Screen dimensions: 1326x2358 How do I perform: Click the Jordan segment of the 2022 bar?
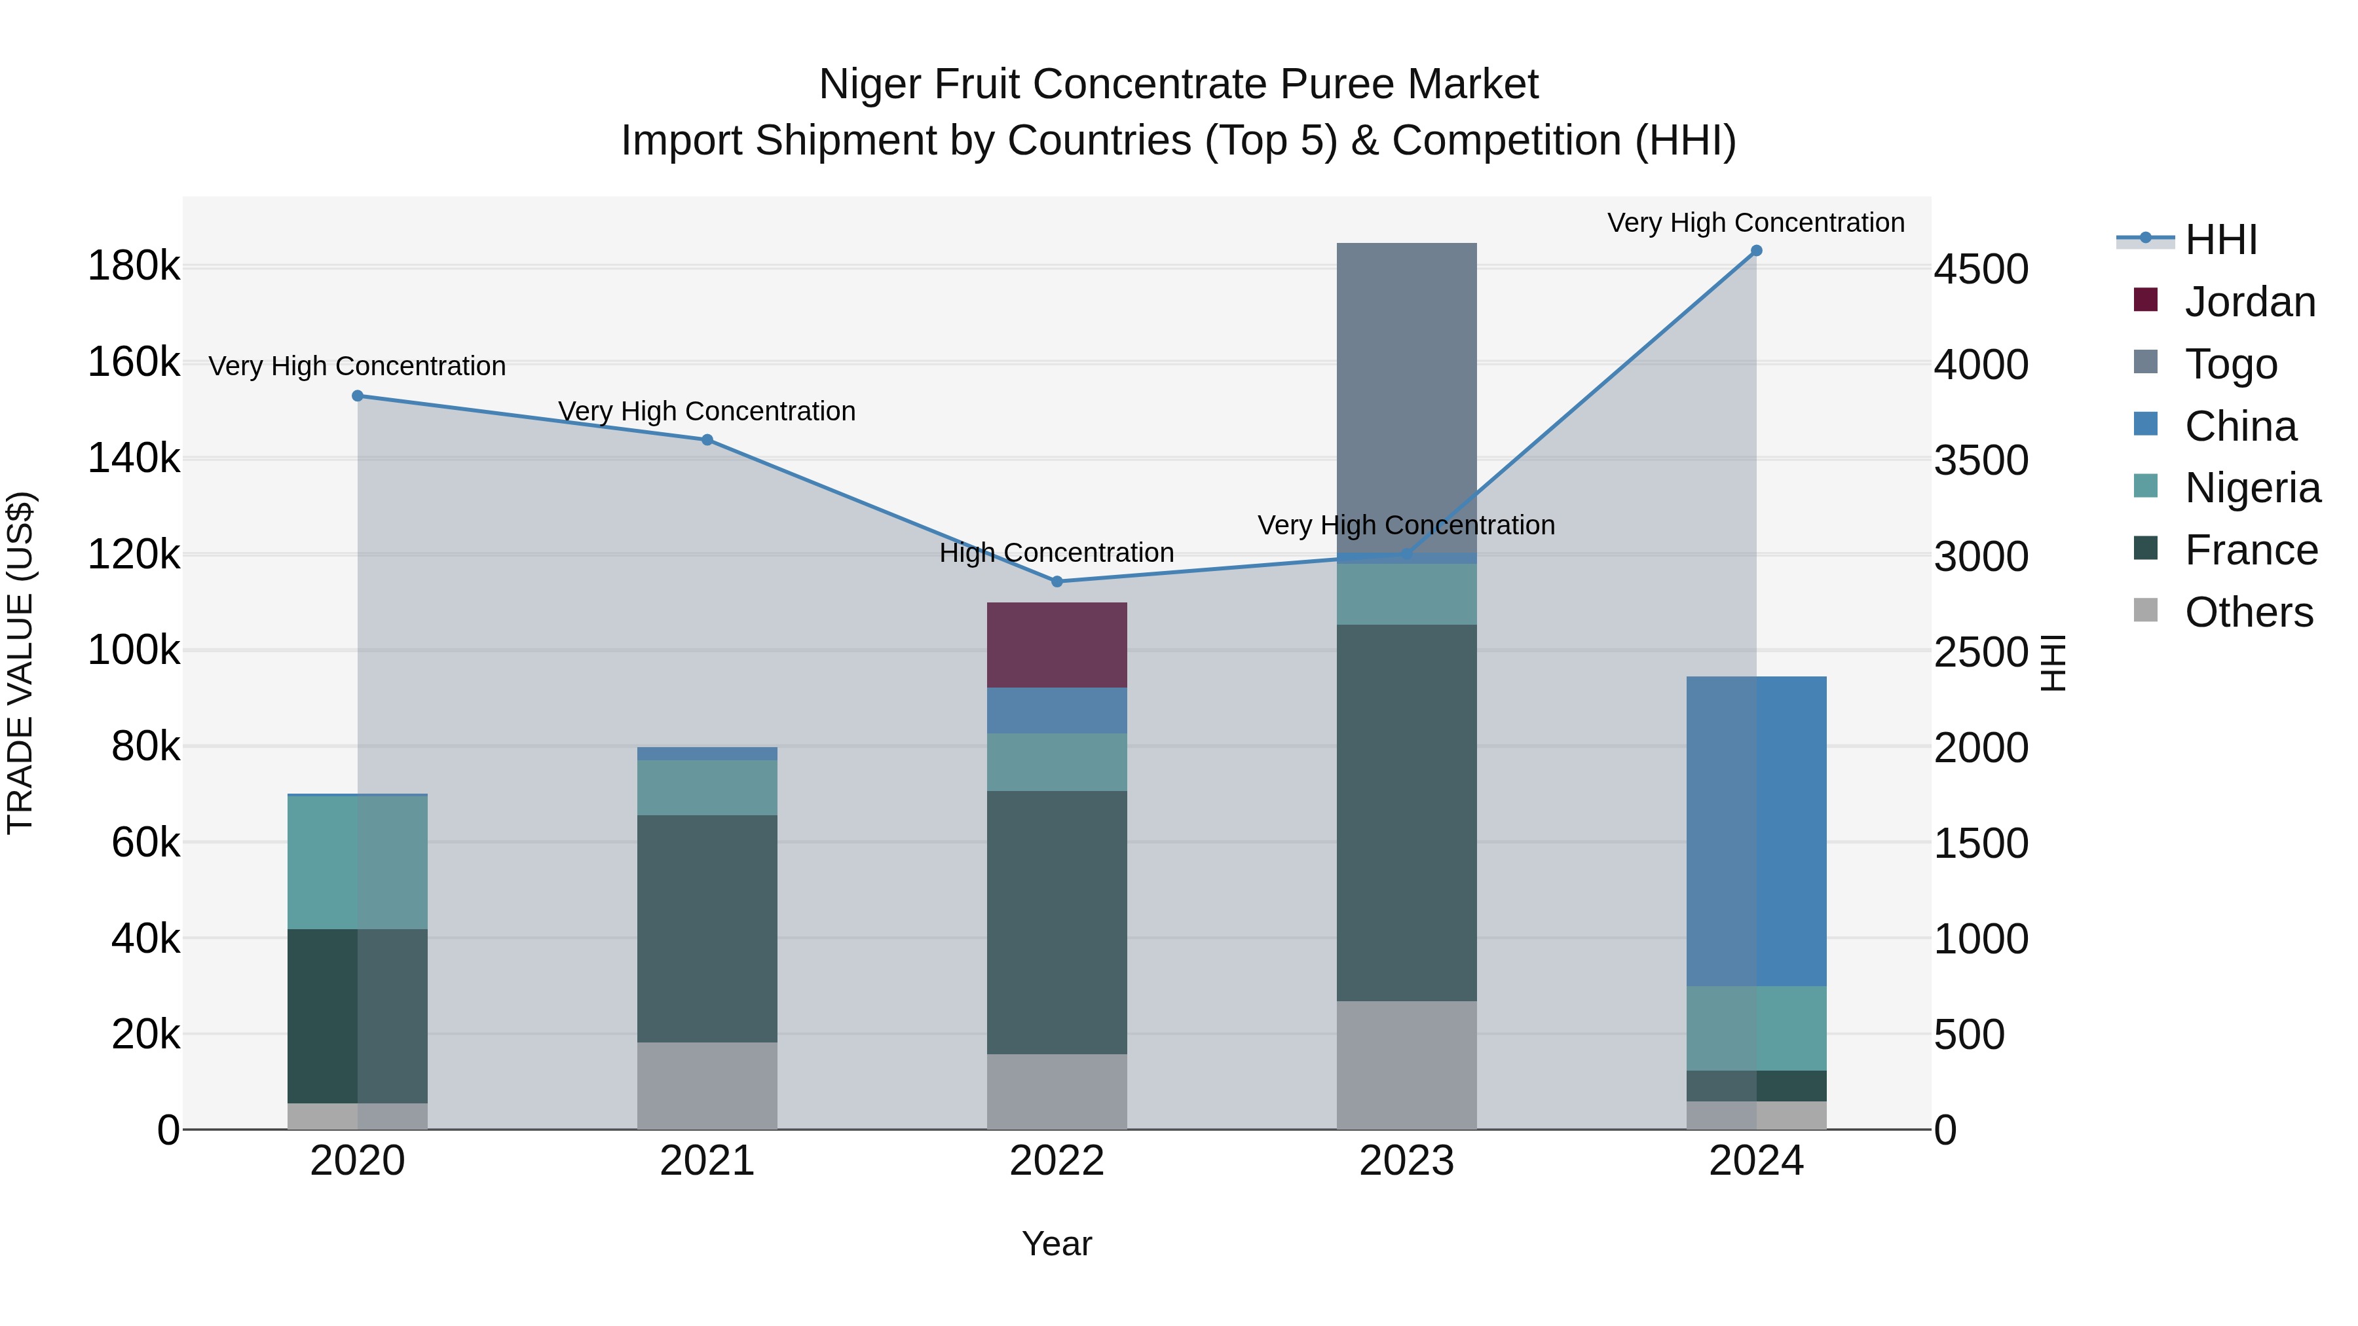pyautogui.click(x=1057, y=644)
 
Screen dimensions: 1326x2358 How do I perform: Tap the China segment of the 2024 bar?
pyautogui.click(x=1755, y=831)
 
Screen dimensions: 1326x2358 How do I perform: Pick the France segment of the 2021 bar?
pyautogui.click(x=707, y=928)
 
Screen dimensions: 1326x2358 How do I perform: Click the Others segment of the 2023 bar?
pyautogui.click(x=1406, y=1064)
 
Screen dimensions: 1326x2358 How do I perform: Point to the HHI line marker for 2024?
pyautogui.click(x=1755, y=251)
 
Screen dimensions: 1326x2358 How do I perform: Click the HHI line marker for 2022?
pyautogui.click(x=1057, y=581)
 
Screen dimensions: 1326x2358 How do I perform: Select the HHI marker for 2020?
pyautogui.click(x=358, y=396)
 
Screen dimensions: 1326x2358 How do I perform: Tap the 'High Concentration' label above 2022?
pyautogui.click(x=1057, y=553)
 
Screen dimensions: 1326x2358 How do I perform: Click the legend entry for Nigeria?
pyautogui.click(x=2252, y=488)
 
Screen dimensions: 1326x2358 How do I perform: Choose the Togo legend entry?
pyautogui.click(x=2231, y=364)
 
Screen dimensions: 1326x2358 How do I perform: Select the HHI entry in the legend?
pyautogui.click(x=2220, y=240)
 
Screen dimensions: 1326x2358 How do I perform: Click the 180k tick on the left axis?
pyautogui.click(x=134, y=267)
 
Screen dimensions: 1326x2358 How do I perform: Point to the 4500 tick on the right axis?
pyautogui.click(x=1981, y=270)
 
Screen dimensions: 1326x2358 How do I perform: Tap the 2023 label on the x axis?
pyautogui.click(x=1406, y=1161)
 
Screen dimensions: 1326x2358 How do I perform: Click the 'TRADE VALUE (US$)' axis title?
pyautogui.click(x=21, y=663)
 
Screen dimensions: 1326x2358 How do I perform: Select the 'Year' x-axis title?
pyautogui.click(x=1057, y=1243)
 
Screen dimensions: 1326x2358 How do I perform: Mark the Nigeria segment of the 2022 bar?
pyautogui.click(x=1057, y=762)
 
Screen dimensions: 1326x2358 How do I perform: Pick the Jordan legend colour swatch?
pyautogui.click(x=2144, y=300)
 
